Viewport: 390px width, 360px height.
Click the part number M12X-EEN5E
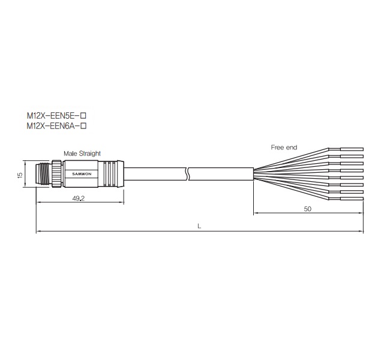pos(53,116)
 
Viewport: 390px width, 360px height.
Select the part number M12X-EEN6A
pos(53,126)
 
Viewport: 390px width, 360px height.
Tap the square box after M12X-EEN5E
pos(83,116)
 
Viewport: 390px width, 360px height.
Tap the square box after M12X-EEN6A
pos(83,126)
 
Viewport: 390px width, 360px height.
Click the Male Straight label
pos(82,154)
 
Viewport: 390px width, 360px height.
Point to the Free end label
pos(284,148)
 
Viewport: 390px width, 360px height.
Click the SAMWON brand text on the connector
pos(82,174)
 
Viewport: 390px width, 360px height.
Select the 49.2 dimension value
pos(79,198)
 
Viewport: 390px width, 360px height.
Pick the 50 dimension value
pos(307,209)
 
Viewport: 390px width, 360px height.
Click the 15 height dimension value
pos(20,175)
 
